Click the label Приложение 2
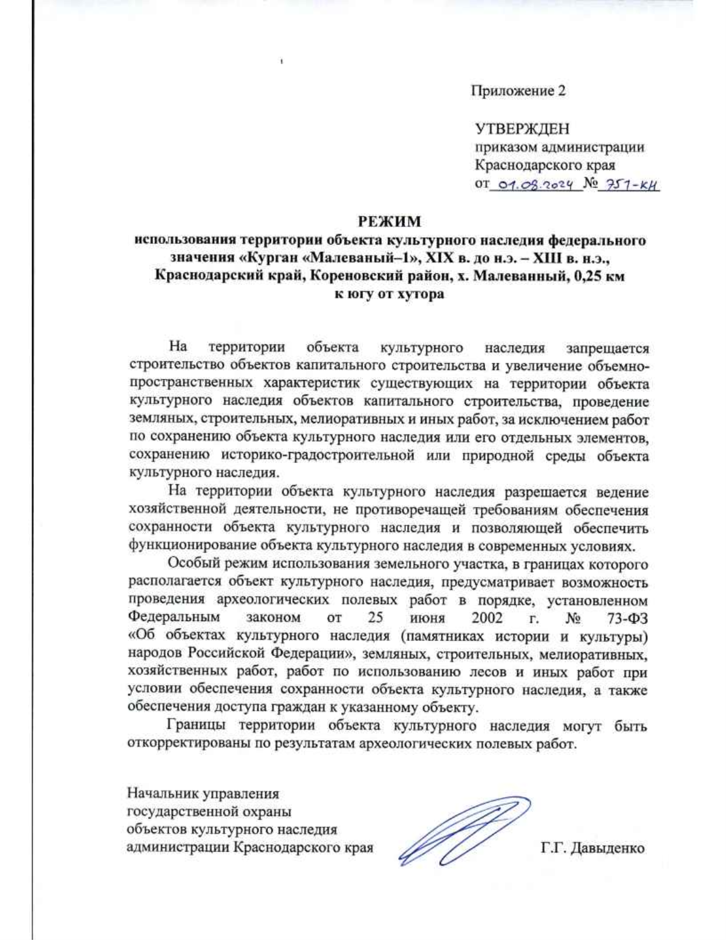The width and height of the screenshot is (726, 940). tap(518, 91)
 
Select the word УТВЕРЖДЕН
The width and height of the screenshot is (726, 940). tap(522, 129)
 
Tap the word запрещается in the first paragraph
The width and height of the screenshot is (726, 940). tap(607, 349)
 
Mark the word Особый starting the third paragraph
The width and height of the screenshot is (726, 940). tap(194, 564)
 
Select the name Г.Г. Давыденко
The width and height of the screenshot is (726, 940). tap(592, 848)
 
